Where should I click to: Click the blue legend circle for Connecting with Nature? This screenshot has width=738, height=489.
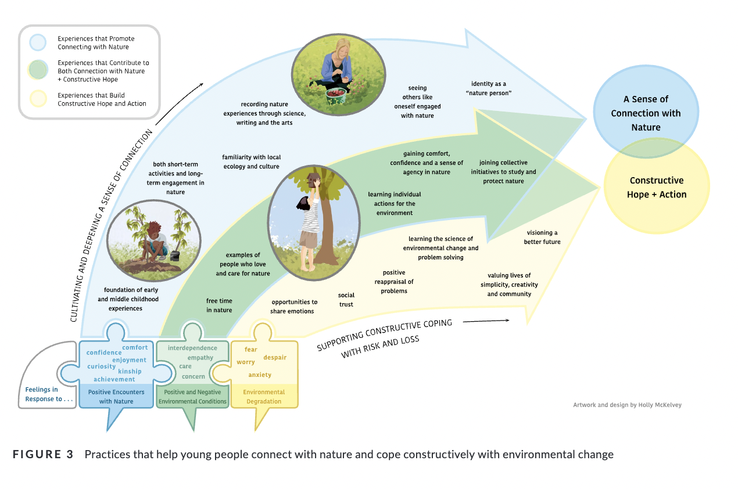coord(38,42)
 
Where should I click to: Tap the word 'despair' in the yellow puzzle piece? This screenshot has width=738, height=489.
coord(275,357)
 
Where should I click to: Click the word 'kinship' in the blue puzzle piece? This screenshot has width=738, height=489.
coord(130,371)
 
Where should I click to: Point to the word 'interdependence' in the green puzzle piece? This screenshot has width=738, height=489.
coord(192,348)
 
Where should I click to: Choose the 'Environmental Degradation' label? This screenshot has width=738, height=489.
coord(264,397)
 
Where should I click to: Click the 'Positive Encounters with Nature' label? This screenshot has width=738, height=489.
coord(116,397)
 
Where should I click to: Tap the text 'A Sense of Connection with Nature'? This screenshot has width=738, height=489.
coord(646,113)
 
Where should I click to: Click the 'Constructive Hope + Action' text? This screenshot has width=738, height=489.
coord(657,188)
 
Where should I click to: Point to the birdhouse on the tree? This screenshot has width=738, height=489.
coord(315,179)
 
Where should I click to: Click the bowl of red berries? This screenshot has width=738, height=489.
coord(336,93)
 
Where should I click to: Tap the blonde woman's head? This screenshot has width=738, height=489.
coord(339,47)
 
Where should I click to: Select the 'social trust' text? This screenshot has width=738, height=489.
coord(346,300)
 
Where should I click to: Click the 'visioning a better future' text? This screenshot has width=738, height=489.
coord(542,237)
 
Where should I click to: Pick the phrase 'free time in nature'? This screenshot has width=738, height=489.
coord(219,305)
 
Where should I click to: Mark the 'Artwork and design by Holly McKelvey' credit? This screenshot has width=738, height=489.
coord(627,405)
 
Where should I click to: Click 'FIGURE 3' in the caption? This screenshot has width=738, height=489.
coord(43,454)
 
